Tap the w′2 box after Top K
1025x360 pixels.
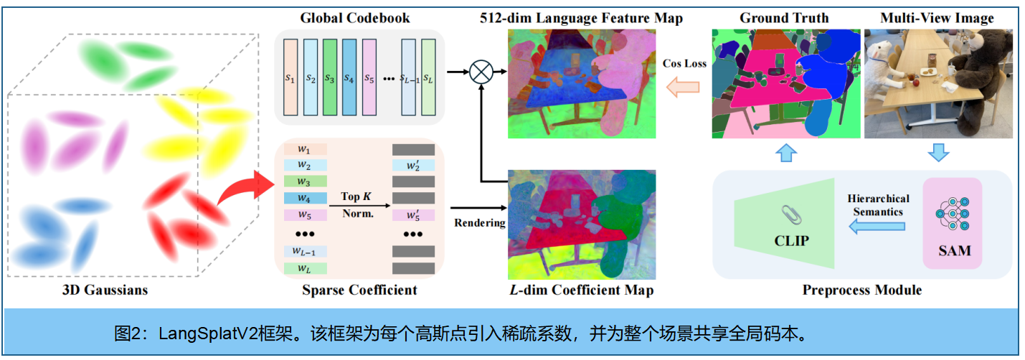pyautogui.click(x=413, y=166)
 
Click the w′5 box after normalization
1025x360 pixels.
pyautogui.click(x=413, y=214)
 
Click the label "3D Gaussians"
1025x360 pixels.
pyautogui.click(x=105, y=290)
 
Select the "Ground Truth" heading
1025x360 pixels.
pyautogui.click(x=784, y=18)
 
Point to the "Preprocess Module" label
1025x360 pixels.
pyautogui.click(x=861, y=290)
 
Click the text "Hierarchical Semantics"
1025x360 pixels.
pyautogui.click(x=878, y=204)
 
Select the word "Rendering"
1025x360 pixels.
pyautogui.click(x=479, y=223)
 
